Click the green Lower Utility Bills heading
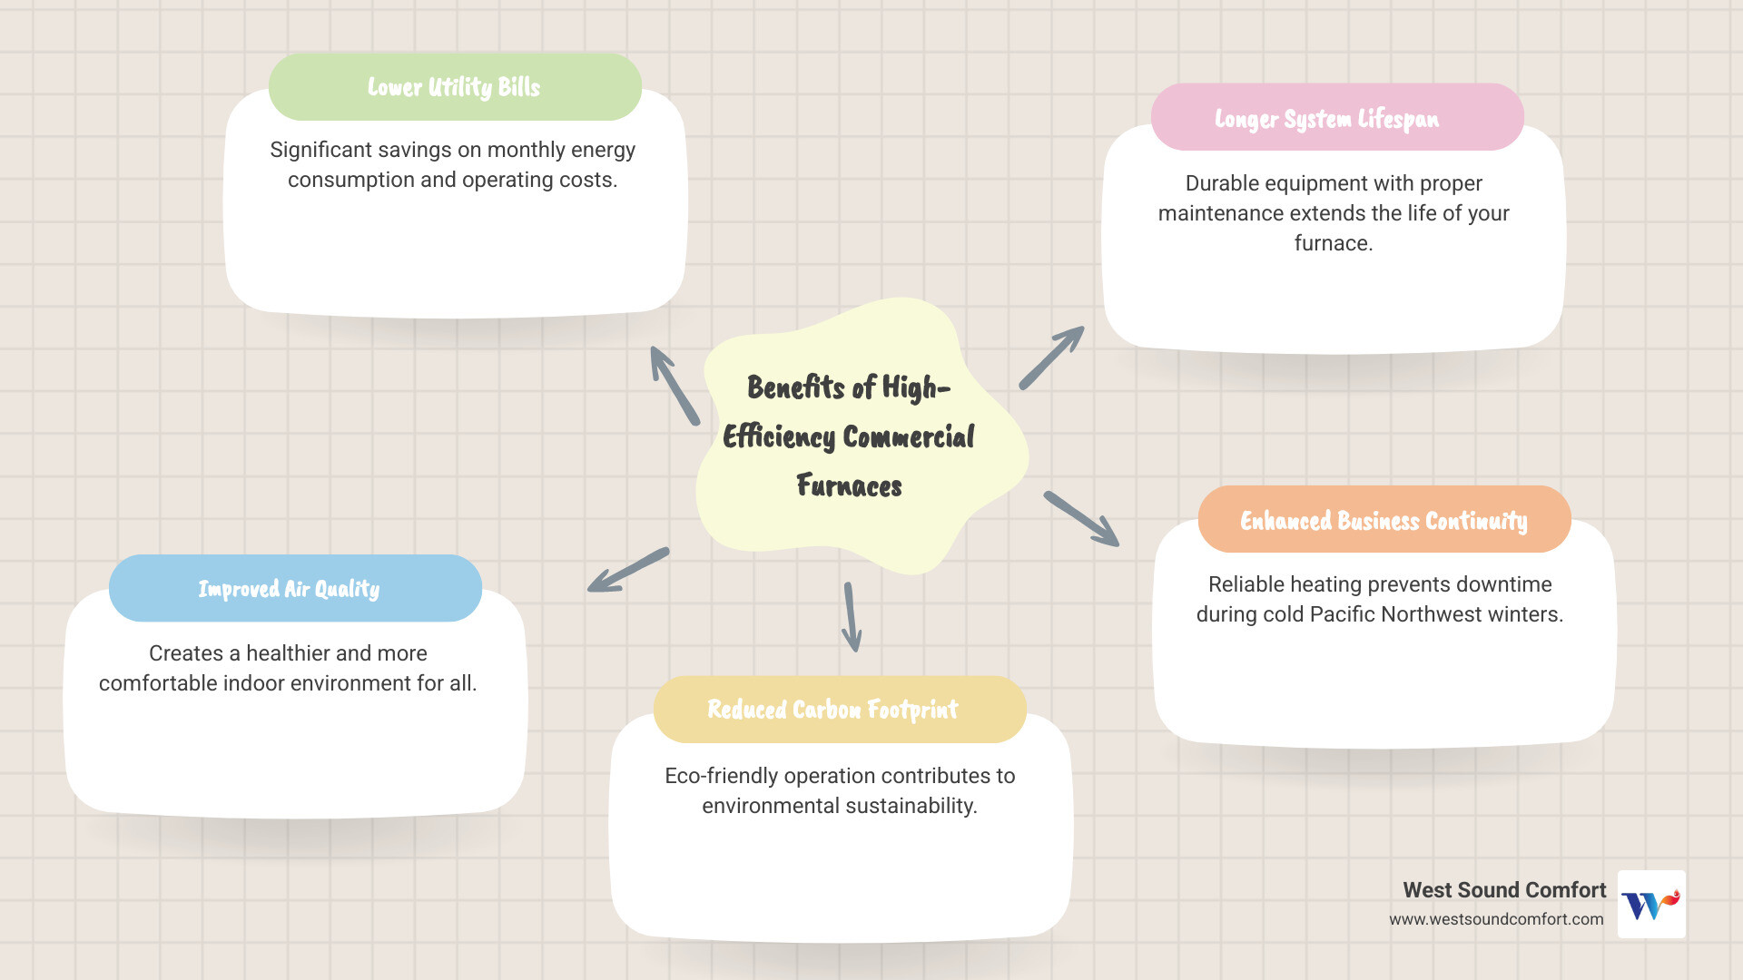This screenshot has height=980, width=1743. click(454, 87)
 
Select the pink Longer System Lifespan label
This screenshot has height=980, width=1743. click(1326, 119)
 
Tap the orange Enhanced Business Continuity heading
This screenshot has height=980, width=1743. click(1384, 520)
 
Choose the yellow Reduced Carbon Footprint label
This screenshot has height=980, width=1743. click(832, 709)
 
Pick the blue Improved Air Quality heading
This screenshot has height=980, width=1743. click(289, 589)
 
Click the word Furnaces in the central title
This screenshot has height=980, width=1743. click(849, 485)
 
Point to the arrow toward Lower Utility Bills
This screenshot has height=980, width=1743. click(674, 386)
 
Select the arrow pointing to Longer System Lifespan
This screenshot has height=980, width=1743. click(1051, 358)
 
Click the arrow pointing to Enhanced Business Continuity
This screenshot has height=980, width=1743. click(1081, 519)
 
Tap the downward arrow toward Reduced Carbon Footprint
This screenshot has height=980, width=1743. click(851, 617)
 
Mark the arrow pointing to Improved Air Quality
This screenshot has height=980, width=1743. click(628, 570)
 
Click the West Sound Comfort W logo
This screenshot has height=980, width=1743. click(1651, 904)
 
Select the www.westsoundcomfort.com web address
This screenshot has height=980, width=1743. click(1496, 919)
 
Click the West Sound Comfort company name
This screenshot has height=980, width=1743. click(1504, 890)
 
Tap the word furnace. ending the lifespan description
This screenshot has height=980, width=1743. click(1333, 243)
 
